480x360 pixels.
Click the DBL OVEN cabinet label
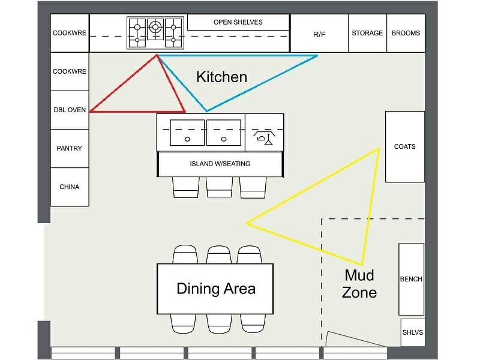70,110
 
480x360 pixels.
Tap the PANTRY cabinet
70,148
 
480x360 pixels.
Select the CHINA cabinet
70,187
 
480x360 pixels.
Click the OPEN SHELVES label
238,22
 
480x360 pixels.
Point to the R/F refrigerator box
319,34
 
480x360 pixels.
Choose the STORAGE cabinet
367,34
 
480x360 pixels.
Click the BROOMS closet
406,34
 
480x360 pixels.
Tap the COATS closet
405,146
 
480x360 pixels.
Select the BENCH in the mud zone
411,279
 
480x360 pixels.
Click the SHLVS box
412,332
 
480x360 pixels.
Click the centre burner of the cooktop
155,26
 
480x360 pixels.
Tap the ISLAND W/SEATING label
220,164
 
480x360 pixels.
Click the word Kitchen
221,77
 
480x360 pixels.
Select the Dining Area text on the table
215,289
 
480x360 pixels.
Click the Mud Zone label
359,284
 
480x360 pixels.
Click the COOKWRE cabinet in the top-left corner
70,34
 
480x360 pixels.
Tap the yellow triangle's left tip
247,223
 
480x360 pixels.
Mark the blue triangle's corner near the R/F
317,56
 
